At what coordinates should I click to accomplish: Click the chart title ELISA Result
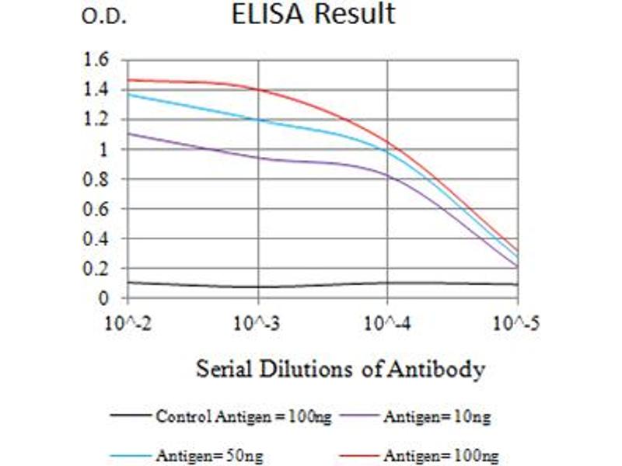(x=313, y=14)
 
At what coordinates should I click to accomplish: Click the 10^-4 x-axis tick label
(x=387, y=320)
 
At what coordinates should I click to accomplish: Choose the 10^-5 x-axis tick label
(x=518, y=320)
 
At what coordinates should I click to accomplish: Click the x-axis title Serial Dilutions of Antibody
(x=341, y=367)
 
